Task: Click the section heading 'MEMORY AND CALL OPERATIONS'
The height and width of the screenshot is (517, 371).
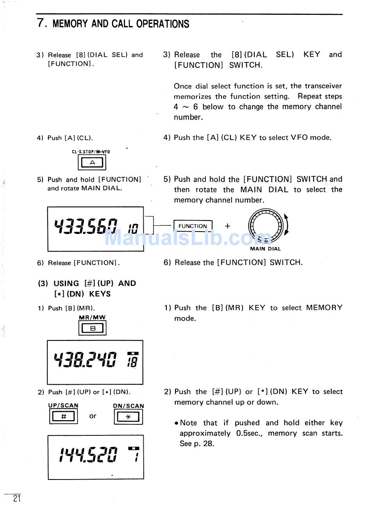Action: pyautogui.click(x=121, y=24)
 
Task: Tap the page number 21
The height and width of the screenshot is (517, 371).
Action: pyautogui.click(x=16, y=498)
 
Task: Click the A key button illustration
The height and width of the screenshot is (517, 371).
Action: pyautogui.click(x=92, y=162)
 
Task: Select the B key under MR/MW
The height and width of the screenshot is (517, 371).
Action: pyautogui.click(x=93, y=328)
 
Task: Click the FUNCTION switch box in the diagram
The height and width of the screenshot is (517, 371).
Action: pyautogui.click(x=193, y=226)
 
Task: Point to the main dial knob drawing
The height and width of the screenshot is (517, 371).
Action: pyautogui.click(x=266, y=226)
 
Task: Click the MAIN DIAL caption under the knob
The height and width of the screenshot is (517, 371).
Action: pyautogui.click(x=265, y=249)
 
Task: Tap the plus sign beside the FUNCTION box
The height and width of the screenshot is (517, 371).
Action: pyautogui.click(x=228, y=226)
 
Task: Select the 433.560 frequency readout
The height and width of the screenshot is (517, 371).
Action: pyautogui.click(x=86, y=226)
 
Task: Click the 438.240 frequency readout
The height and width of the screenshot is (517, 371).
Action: pyautogui.click(x=85, y=360)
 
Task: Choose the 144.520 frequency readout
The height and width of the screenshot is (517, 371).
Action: pyautogui.click(x=88, y=455)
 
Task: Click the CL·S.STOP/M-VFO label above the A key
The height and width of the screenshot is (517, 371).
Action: pyautogui.click(x=91, y=152)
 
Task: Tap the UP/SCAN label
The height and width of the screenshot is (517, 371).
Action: pyautogui.click(x=63, y=405)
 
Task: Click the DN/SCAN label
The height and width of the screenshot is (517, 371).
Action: pyautogui.click(x=128, y=406)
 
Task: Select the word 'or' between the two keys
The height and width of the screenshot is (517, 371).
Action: pyautogui.click(x=93, y=416)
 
